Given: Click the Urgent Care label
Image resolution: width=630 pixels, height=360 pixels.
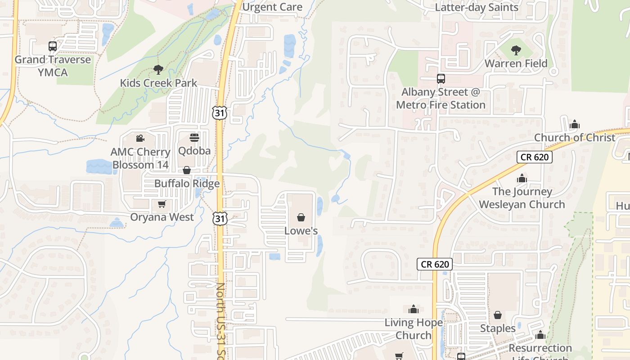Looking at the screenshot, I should point(272,7).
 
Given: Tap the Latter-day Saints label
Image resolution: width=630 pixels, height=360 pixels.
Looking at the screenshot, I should point(477,7).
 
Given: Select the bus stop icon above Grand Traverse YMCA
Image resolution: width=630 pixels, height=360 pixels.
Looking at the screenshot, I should point(53,46).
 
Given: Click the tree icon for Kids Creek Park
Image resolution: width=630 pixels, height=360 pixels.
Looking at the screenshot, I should point(158,69).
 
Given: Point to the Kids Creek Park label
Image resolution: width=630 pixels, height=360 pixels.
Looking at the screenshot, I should point(158,83).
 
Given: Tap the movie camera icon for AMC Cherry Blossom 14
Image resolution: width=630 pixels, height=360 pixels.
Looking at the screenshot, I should point(140,138).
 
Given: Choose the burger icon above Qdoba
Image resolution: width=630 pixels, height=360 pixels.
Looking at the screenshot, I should point(194,137).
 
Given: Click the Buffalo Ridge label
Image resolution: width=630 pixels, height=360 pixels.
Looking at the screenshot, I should point(187,183).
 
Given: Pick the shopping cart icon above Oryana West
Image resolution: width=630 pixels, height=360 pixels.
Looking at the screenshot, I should point(162,204).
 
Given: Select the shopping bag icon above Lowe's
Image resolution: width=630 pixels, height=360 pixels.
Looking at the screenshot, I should point(301,218).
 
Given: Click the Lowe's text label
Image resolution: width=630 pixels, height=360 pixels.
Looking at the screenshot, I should point(301,231).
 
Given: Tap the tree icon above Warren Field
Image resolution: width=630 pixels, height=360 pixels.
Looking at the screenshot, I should point(516,50).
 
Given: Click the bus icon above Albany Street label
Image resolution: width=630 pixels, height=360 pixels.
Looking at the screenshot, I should point(441,79).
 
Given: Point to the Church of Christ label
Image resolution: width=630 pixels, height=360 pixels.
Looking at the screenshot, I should point(574,137).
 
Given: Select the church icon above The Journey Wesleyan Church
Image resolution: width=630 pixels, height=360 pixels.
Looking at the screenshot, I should point(522,179).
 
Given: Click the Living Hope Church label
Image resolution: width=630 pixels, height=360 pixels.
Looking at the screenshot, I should point(413,329).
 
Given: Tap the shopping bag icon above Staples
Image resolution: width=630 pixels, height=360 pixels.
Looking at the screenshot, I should point(498,315).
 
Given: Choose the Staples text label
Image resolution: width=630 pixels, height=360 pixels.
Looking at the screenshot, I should point(498,328).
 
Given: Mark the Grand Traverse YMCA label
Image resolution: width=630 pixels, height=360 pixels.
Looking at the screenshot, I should point(53,66).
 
